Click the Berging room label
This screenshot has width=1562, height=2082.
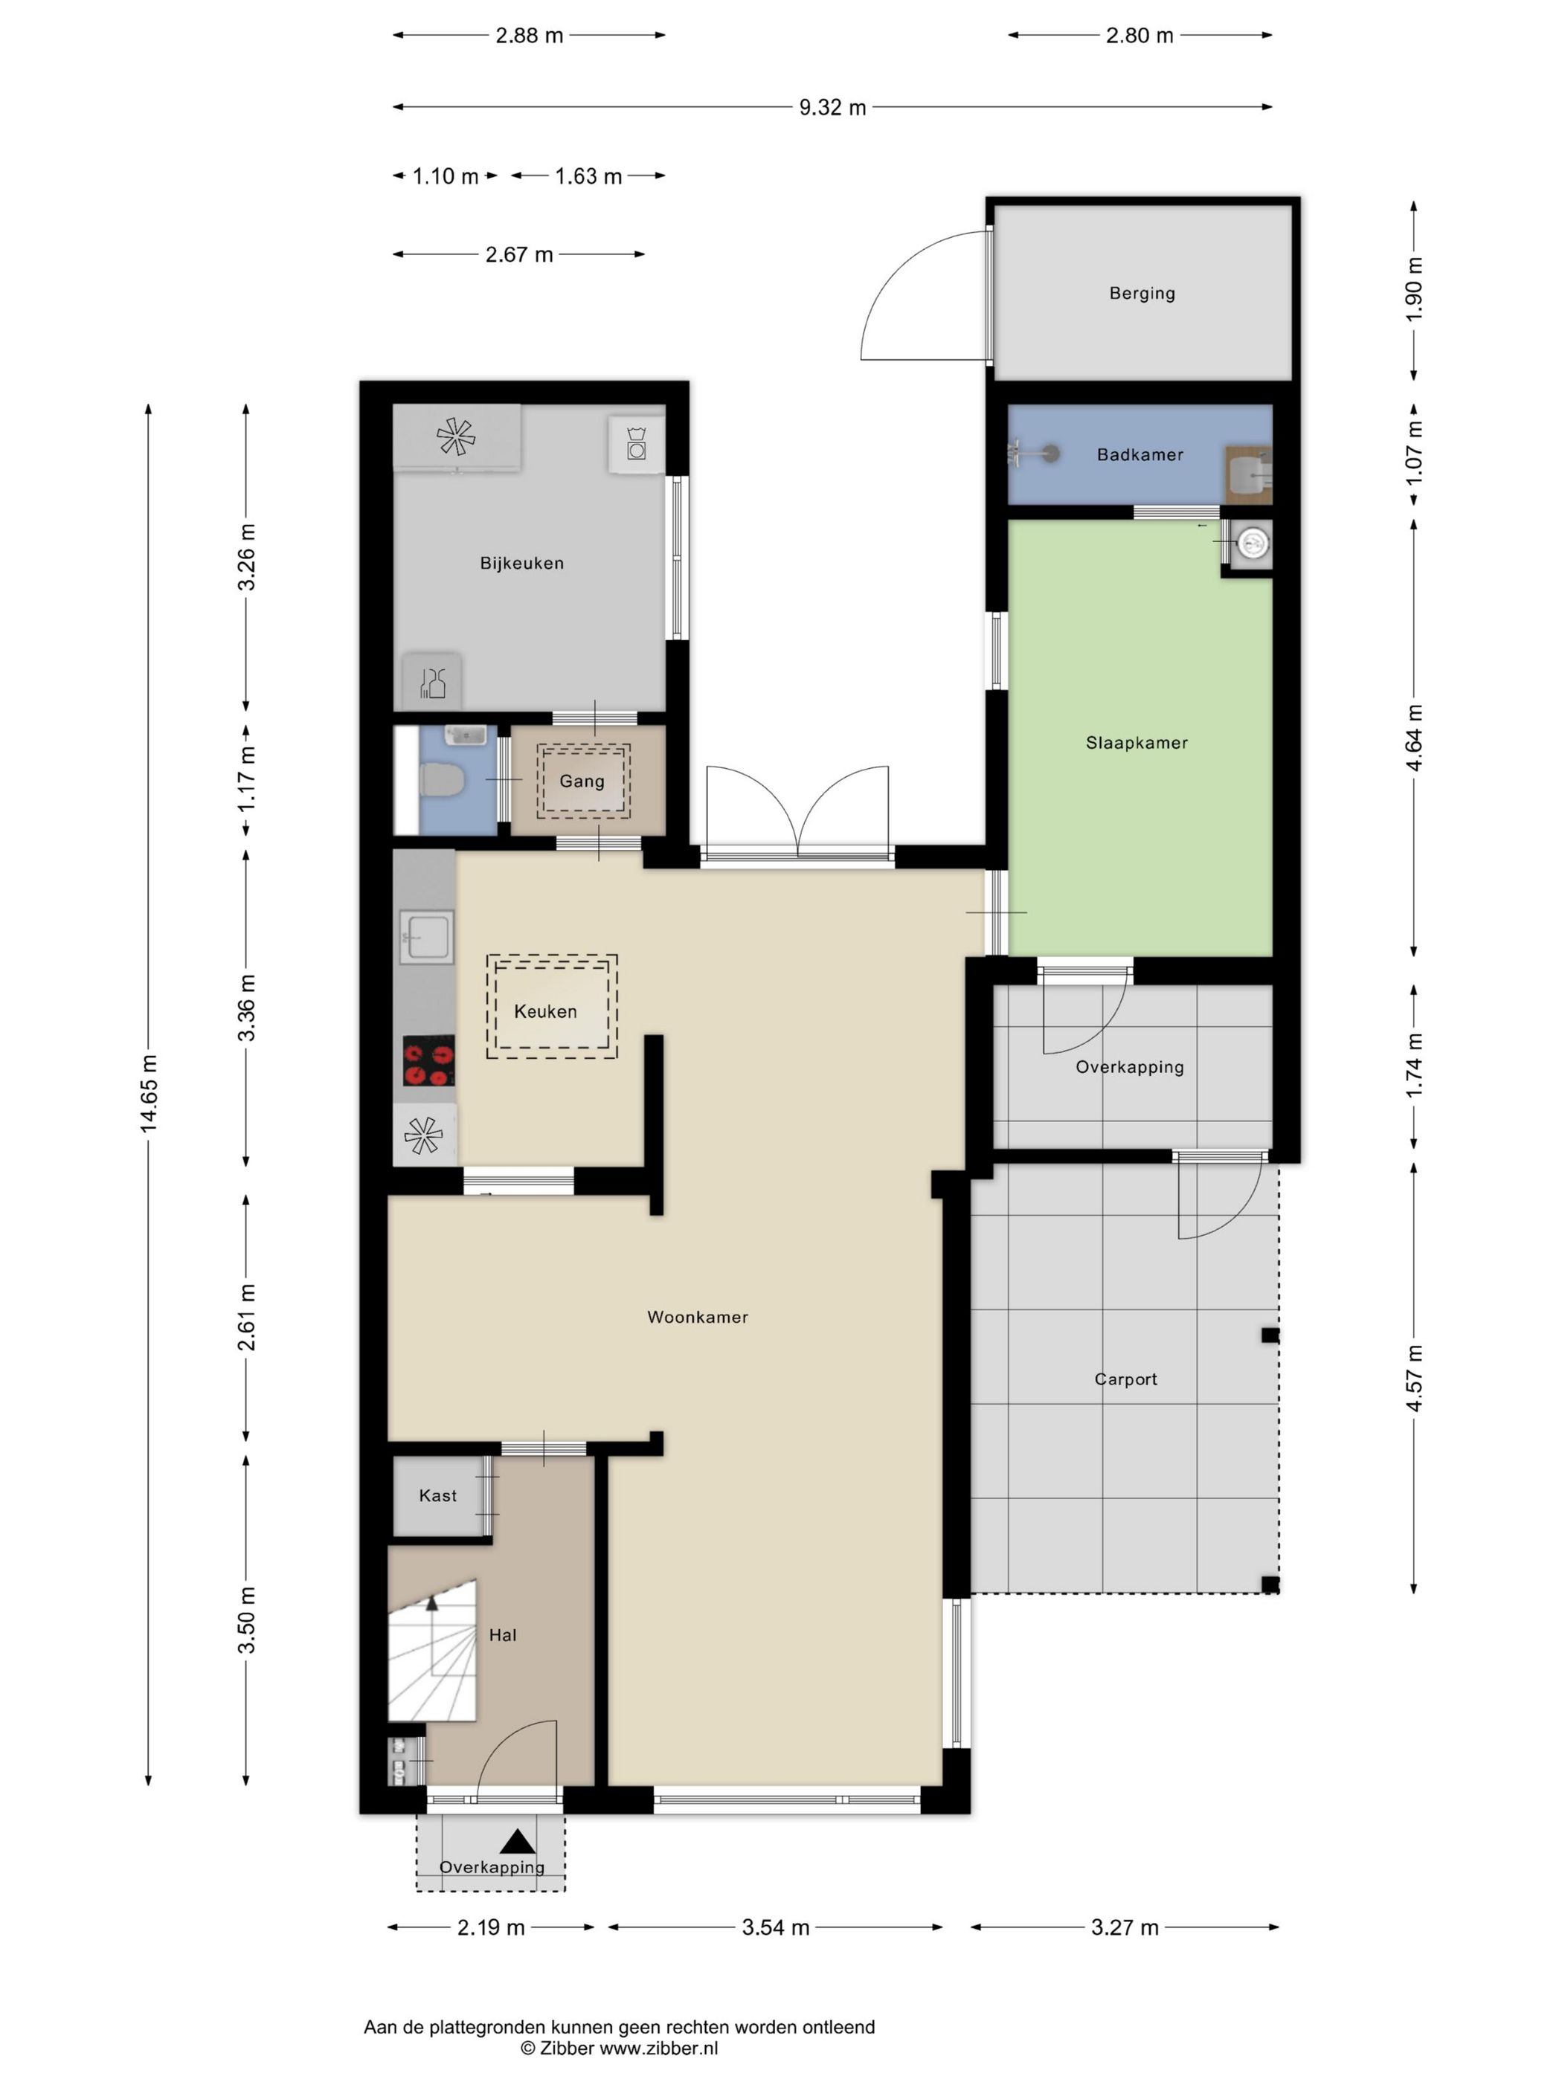pos(1141,293)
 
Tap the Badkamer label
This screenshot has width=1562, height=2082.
pos(1140,454)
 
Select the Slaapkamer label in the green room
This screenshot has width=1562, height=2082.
pos(1137,743)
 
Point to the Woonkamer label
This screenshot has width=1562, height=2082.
pos(697,1317)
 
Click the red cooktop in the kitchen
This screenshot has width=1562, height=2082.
pos(428,1061)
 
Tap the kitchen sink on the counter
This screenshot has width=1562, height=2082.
pos(426,936)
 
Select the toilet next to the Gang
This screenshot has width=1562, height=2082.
pos(442,779)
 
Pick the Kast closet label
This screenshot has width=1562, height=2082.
pos(438,1495)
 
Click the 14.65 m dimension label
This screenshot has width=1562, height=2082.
pos(149,1094)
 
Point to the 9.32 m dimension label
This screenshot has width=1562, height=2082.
pos(832,107)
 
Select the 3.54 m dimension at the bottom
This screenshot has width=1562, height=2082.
pos(775,1927)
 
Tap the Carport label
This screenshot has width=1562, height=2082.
pos(1125,1379)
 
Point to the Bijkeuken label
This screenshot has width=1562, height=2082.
pos(521,563)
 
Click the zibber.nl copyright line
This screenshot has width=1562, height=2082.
pos(619,2048)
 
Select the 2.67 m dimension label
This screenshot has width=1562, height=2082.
pos(518,254)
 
